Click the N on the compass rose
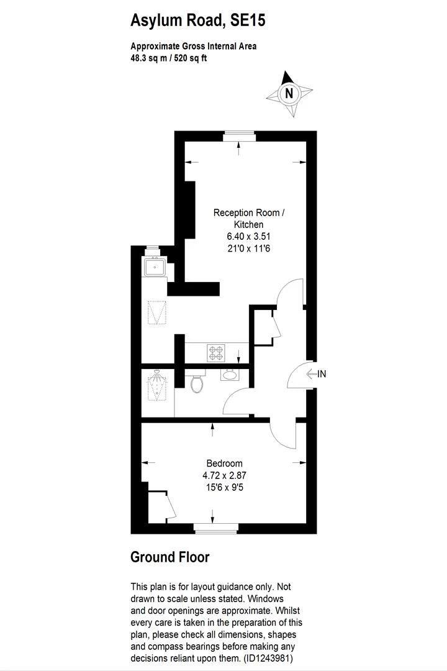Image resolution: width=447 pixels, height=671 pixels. [x=288, y=94]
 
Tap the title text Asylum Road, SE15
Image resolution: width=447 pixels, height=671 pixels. [x=197, y=21]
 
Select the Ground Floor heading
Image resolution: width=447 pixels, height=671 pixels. [x=169, y=557]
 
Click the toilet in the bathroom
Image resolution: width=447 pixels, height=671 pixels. [x=197, y=383]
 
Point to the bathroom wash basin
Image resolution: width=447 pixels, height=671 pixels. [x=229, y=375]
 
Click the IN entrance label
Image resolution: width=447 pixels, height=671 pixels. [x=322, y=374]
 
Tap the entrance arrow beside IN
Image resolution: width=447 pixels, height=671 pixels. [x=311, y=374]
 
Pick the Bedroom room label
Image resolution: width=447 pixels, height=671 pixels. [x=224, y=463]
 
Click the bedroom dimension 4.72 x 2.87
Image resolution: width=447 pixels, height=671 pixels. [x=224, y=476]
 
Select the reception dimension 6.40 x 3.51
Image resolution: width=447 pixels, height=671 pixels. [x=248, y=236]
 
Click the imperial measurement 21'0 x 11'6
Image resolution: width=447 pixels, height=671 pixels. [x=248, y=249]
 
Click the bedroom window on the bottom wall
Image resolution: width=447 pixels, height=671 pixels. [x=215, y=529]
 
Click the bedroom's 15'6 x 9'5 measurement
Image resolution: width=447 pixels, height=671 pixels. [x=224, y=488]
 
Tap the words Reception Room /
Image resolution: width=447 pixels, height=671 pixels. [x=248, y=212]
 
